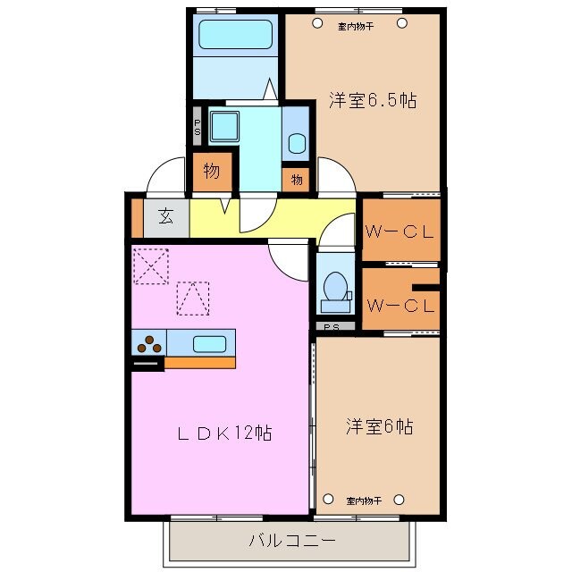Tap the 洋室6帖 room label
[379, 427]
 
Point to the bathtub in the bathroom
[235, 35]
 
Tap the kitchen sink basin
[210, 343]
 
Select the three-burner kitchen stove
[148, 343]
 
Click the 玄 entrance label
[166, 215]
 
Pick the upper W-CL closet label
[400, 231]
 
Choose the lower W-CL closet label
[400, 305]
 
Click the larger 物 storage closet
[212, 172]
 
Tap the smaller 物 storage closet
[297, 180]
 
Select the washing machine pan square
[223, 125]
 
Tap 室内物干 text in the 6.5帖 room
[356, 26]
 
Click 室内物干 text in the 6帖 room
[365, 500]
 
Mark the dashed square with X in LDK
[151, 265]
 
